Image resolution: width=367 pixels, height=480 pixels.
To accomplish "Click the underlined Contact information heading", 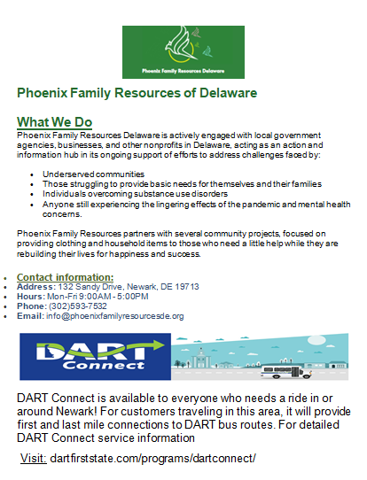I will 66,277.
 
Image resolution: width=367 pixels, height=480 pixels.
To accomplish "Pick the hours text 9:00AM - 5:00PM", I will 92,297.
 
